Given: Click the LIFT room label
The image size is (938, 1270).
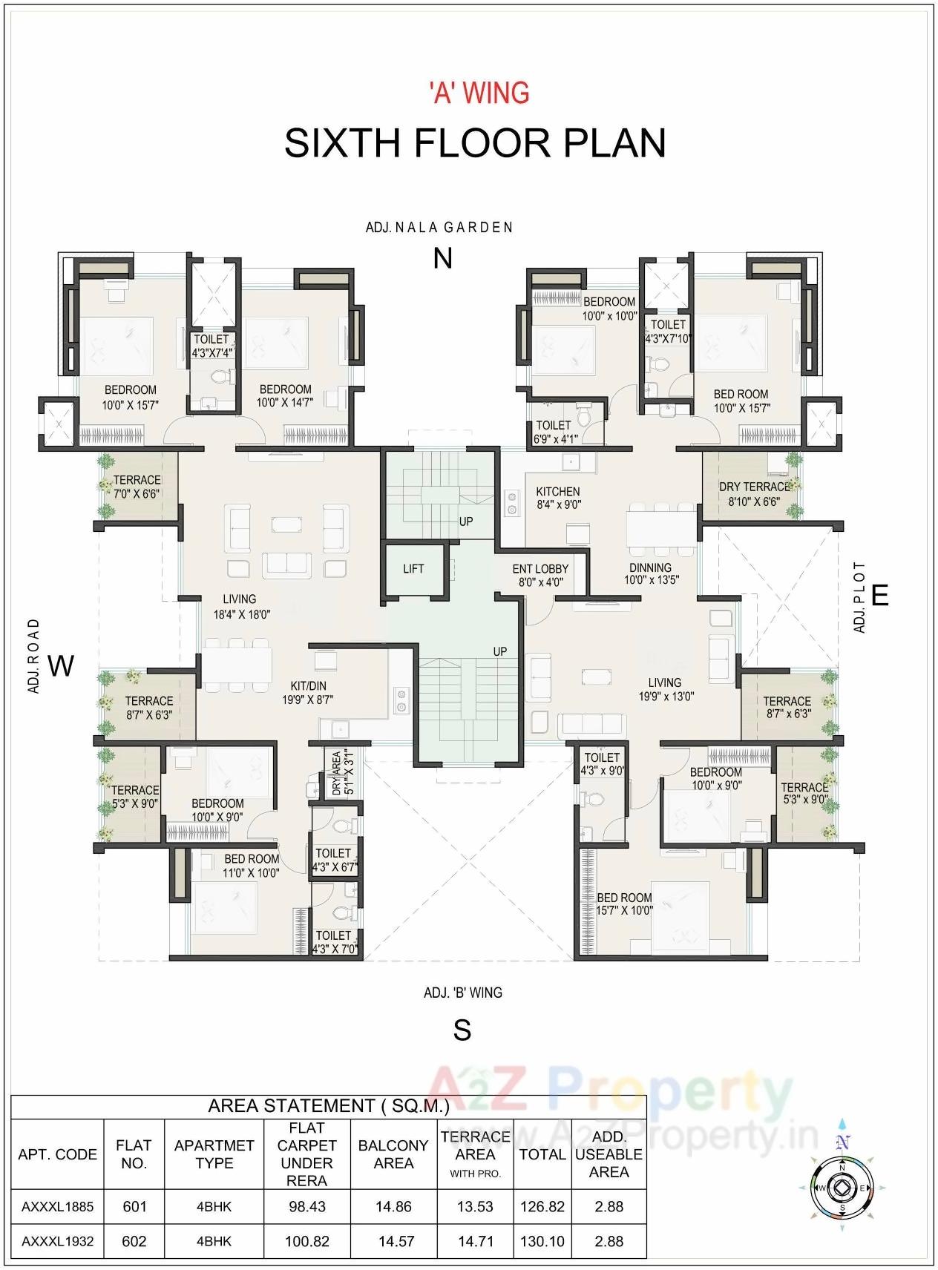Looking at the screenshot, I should pyautogui.click(x=413, y=569).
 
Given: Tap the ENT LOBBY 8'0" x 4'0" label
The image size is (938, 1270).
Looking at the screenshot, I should pyautogui.click(x=540, y=576).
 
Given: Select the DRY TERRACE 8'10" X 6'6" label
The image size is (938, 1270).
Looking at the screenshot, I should pyautogui.click(x=753, y=494).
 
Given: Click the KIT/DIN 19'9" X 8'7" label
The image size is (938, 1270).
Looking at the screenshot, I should pyautogui.click(x=307, y=693).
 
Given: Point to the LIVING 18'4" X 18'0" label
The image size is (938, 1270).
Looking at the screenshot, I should pyautogui.click(x=241, y=606).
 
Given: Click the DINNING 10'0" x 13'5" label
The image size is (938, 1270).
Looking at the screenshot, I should pyautogui.click(x=651, y=573).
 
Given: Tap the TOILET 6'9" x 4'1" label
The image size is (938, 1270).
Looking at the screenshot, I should pyautogui.click(x=554, y=432).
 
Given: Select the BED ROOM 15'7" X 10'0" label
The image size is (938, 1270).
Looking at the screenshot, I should pyautogui.click(x=625, y=904).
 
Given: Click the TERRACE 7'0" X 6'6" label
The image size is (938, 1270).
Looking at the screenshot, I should pyautogui.click(x=137, y=487).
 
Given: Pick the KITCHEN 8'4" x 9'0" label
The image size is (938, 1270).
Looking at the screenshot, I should pyautogui.click(x=558, y=498).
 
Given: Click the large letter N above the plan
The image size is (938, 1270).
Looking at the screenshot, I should pyautogui.click(x=442, y=258).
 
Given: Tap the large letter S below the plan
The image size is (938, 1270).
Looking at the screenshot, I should pyautogui.click(x=462, y=1030).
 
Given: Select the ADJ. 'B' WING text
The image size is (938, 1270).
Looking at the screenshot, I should pyautogui.click(x=463, y=993).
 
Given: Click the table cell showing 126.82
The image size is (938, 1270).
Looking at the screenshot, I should pyautogui.click(x=542, y=1206).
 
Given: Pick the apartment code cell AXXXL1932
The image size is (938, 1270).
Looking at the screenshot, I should pyautogui.click(x=58, y=1241).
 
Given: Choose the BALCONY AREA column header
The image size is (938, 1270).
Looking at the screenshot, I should pyautogui.click(x=393, y=1154).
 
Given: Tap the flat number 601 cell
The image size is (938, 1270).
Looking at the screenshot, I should pyautogui.click(x=134, y=1206).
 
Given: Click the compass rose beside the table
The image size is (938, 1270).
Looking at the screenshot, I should pyautogui.click(x=842, y=1188).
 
